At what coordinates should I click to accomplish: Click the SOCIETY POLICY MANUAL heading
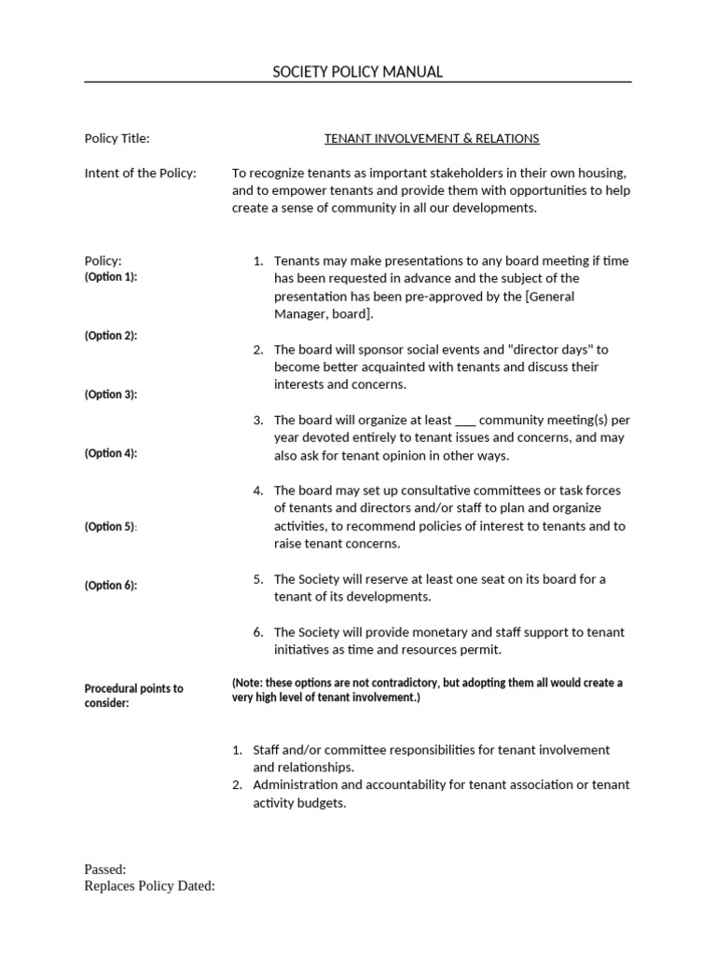coord(357,72)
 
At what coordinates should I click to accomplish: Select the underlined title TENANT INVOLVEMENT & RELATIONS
coord(432,138)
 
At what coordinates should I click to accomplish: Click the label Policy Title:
coord(117,138)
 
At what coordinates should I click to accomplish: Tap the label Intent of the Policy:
coord(140,173)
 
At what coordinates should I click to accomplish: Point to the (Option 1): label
coord(110,277)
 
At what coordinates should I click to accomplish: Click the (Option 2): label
coord(110,336)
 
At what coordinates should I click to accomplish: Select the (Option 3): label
coord(110,394)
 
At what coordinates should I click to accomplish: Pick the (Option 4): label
coord(110,453)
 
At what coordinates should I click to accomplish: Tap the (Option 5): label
coord(110,527)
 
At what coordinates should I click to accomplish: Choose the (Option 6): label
coord(110,586)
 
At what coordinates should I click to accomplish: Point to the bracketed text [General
coord(550,297)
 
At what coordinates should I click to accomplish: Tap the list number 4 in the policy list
coord(257,491)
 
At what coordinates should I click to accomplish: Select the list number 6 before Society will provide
coord(257,632)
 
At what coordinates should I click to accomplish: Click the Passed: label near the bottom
coord(104,869)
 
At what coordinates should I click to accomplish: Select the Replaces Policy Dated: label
coord(149,886)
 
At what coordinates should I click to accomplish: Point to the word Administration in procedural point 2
coord(296,784)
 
